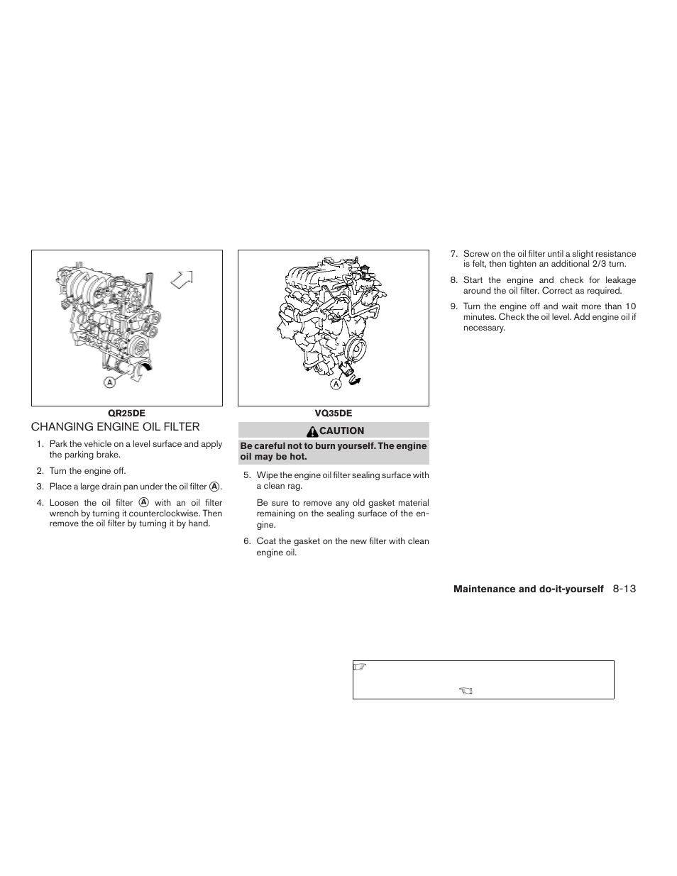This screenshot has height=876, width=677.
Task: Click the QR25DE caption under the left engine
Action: coord(126,414)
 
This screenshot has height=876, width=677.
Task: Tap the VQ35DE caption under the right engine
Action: coord(334,414)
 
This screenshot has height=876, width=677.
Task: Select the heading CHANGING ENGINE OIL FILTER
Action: coord(115,427)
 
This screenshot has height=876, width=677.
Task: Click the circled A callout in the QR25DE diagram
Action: coord(109,382)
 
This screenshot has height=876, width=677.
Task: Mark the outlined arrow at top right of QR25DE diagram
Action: coord(182,279)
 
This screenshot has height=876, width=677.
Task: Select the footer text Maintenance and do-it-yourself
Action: coord(529,589)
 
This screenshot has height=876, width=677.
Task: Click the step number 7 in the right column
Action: coord(453,254)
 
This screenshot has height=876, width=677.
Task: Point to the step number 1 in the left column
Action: coord(40,444)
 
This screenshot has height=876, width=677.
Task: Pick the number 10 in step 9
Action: coord(631,307)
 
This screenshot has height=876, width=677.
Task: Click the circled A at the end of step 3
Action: coord(214,487)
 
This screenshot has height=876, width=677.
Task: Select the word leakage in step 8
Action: coord(620,280)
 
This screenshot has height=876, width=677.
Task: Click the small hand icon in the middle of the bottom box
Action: coord(466,690)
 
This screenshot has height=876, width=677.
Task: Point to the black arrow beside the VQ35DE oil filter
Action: coord(354,381)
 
